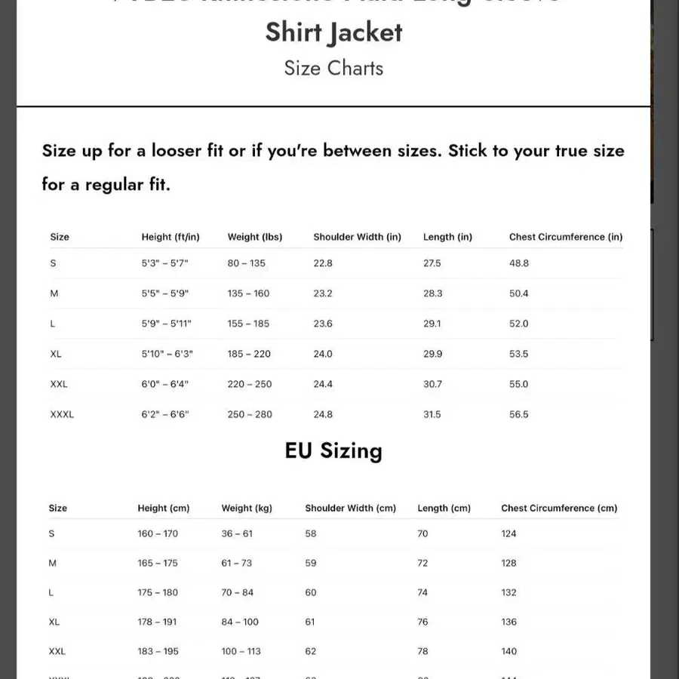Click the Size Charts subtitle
pos(333,68)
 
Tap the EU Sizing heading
pos(333,450)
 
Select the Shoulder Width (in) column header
pos(357,237)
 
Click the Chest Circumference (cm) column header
pos(559,508)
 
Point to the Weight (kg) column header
pos(247,508)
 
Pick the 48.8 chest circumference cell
pos(519,263)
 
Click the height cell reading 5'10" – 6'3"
pos(167,354)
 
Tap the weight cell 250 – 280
pos(250,414)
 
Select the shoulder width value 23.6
pos(323,324)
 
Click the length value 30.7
pos(432,384)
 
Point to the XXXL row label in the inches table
pos(62,414)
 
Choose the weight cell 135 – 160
pos(248,293)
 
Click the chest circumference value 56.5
pos(519,414)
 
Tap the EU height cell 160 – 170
pos(158,533)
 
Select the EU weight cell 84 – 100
pos(240,622)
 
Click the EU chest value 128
pos(509,563)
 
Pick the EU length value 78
pos(422,651)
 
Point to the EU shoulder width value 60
pos(311,592)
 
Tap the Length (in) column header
pos(447,237)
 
